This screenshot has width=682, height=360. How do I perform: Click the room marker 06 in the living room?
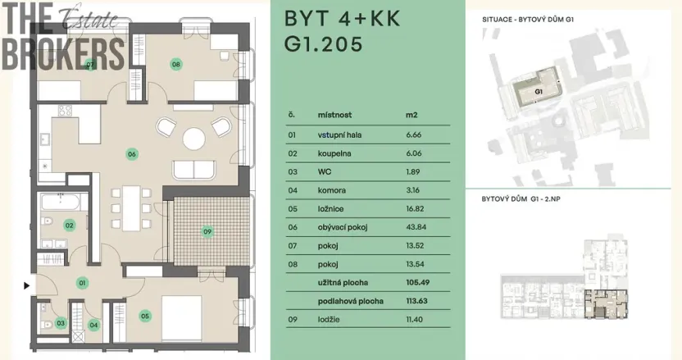point(131,153)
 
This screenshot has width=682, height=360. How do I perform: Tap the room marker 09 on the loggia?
point(207,232)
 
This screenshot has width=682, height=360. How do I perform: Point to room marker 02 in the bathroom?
point(70,225)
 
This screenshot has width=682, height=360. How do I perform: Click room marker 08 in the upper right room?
point(175,64)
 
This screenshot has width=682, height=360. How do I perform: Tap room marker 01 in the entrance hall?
point(82,283)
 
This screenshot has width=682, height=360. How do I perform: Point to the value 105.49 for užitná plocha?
point(418,282)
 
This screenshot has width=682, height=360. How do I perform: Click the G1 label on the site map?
point(539,92)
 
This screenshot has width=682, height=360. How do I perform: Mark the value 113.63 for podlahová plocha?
point(418,300)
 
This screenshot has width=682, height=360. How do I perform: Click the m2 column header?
point(411,116)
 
